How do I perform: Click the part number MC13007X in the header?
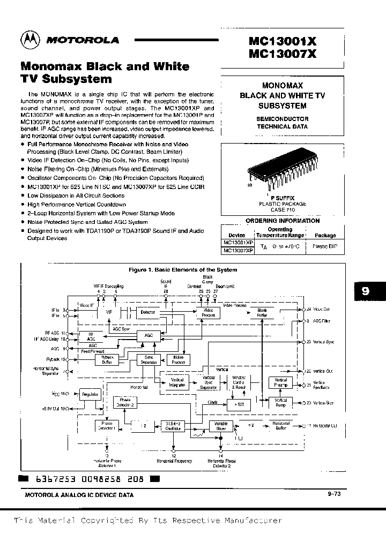283,54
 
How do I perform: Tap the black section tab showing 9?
366,291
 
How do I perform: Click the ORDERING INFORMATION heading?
282,221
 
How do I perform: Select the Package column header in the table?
325,235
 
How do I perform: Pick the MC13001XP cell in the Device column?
238,243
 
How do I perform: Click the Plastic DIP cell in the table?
325,246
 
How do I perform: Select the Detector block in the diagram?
147,311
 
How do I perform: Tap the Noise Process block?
178,359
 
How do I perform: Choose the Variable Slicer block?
221,426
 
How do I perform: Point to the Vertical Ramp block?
281,403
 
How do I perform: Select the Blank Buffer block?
262,312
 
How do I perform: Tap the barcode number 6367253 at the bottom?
53,479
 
